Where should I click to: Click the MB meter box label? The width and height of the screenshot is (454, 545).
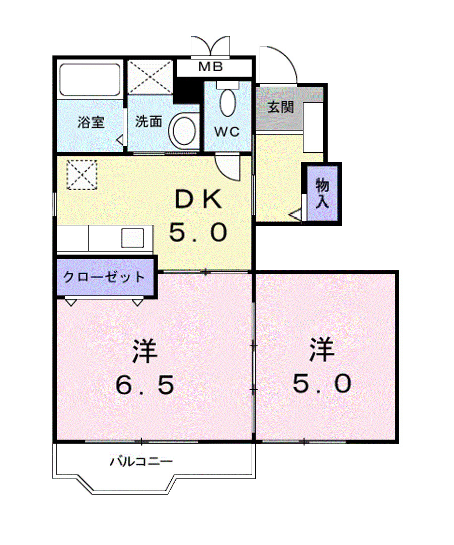[210, 67]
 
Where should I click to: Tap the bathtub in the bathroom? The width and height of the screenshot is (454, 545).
[90, 80]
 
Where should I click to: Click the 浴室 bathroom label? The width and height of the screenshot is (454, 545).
[91, 122]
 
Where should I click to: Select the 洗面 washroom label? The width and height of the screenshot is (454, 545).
[148, 122]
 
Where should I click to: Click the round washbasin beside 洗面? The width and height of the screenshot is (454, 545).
[184, 131]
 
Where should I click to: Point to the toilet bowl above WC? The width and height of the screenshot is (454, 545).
[228, 102]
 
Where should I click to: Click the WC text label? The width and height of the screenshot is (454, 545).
[227, 132]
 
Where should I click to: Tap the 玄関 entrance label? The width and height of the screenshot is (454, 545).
[280, 107]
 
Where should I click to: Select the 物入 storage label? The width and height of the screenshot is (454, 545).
[322, 193]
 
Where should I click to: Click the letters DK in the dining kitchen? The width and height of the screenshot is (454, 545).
[198, 200]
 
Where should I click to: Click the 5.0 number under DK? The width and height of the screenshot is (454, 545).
[198, 232]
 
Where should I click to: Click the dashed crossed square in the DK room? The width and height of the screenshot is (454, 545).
[82, 174]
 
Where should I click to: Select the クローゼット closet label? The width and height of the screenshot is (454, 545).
[104, 277]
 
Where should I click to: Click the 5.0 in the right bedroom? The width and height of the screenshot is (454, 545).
[322, 383]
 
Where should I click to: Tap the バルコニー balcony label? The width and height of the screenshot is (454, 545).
[141, 462]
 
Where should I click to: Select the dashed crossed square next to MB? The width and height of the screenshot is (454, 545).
[150, 77]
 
